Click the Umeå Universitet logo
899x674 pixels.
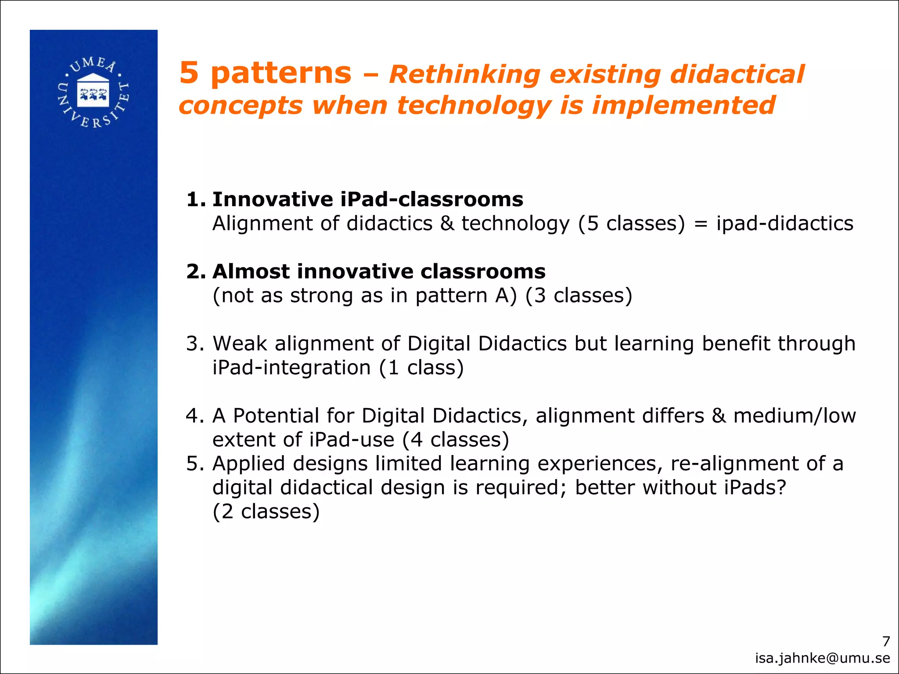(x=93, y=93)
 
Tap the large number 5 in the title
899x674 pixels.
(x=189, y=73)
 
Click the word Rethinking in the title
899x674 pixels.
(x=464, y=74)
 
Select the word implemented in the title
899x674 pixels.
(x=683, y=106)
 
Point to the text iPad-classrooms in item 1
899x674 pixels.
(x=432, y=200)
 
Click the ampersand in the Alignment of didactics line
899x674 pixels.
(x=447, y=223)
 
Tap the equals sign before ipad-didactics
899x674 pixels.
(x=701, y=224)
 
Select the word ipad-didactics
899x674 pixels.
(x=785, y=223)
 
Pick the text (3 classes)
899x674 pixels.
(x=579, y=296)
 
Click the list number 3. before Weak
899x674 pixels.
(x=195, y=344)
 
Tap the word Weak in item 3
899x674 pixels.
(x=240, y=344)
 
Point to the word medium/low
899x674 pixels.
(x=795, y=416)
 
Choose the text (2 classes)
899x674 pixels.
(x=266, y=512)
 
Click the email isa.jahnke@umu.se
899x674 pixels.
(x=822, y=658)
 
